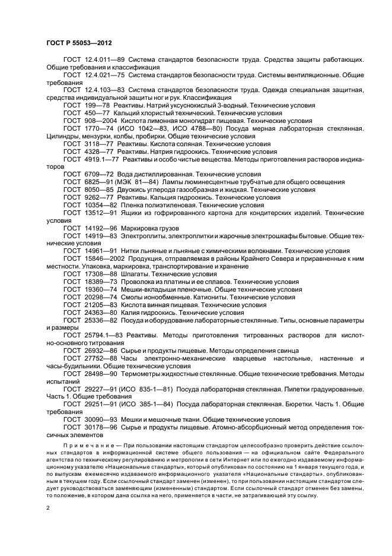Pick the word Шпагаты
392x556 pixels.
(x=135, y=274)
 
